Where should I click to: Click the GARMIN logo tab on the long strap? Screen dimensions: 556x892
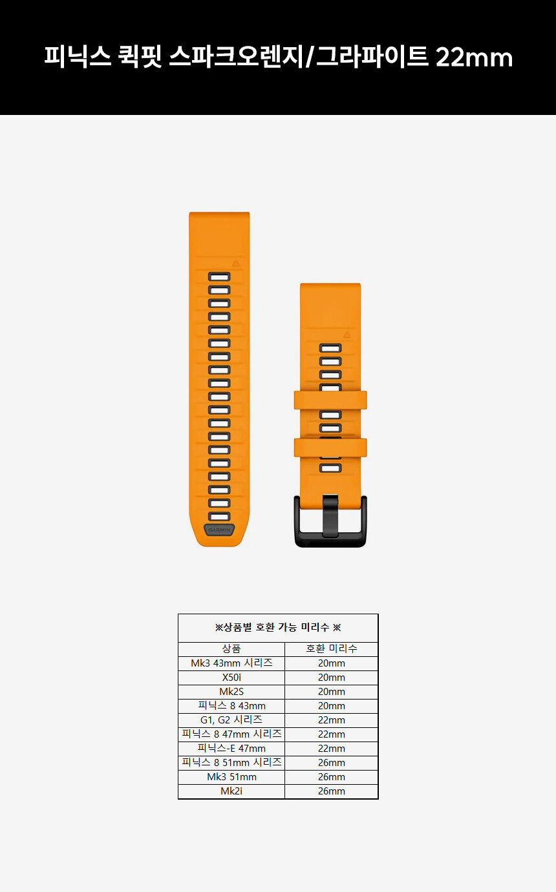point(219,530)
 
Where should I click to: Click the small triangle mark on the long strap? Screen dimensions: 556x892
point(236,264)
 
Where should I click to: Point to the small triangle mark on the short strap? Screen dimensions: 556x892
point(347,335)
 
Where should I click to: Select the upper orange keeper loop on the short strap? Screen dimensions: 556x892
point(330,400)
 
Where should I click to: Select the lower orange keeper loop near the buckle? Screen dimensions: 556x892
point(330,448)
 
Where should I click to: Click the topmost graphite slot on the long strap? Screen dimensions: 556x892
point(219,276)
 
